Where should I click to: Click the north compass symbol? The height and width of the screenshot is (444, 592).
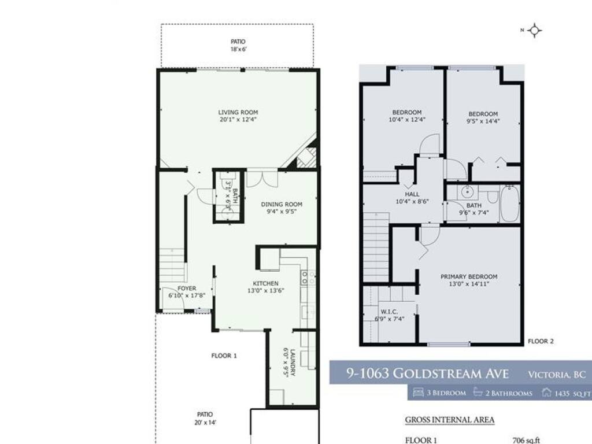pyautogui.click(x=535, y=31)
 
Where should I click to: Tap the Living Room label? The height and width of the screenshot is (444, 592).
pyautogui.click(x=238, y=112)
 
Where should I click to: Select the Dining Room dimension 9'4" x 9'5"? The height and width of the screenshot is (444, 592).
pyautogui.click(x=282, y=212)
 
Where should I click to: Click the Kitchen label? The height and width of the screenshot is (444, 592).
pyautogui.click(x=265, y=283)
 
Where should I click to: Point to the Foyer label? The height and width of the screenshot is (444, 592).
pyautogui.click(x=187, y=288)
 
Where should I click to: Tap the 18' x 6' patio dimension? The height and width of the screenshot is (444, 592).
pyautogui.click(x=239, y=49)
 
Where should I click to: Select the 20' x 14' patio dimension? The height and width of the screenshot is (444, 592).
pyautogui.click(x=205, y=423)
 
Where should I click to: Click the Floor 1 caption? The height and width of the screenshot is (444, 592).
pyautogui.click(x=224, y=356)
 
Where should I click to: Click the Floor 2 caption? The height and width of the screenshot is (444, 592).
pyautogui.click(x=541, y=341)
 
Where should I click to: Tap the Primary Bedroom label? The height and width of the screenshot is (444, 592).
pyautogui.click(x=469, y=276)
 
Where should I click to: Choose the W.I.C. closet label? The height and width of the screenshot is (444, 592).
pyautogui.click(x=389, y=312)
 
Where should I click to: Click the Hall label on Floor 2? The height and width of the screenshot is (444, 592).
pyautogui.click(x=412, y=194)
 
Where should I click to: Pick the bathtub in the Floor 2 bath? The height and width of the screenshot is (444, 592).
pyautogui.click(x=510, y=204)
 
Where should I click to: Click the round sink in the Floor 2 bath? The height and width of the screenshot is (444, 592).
pyautogui.click(x=468, y=192)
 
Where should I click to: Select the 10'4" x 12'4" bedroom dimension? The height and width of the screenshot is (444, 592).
pyautogui.click(x=407, y=120)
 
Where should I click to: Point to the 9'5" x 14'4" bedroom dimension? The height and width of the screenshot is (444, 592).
pyautogui.click(x=483, y=121)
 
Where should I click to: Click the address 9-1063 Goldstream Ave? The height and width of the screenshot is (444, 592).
pyautogui.click(x=428, y=373)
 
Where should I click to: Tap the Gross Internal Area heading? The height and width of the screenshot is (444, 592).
pyautogui.click(x=450, y=420)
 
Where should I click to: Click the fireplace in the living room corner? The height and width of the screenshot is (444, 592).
pyautogui.click(x=305, y=156)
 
